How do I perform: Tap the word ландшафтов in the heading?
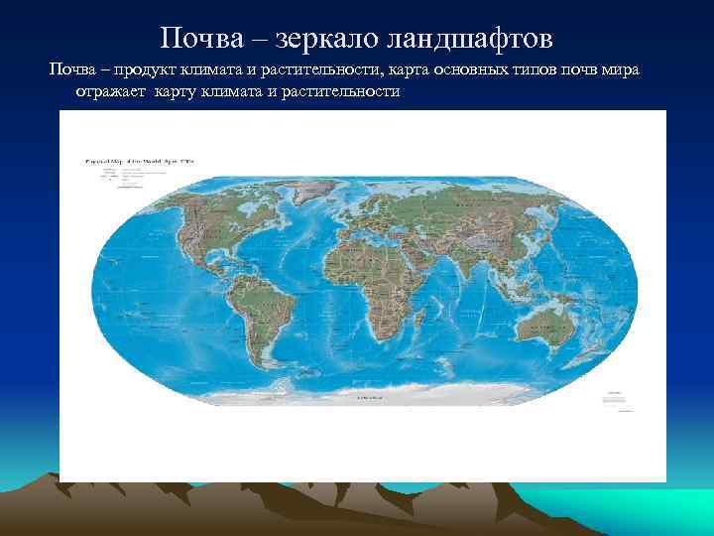pyautogui.click(x=475, y=39)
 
